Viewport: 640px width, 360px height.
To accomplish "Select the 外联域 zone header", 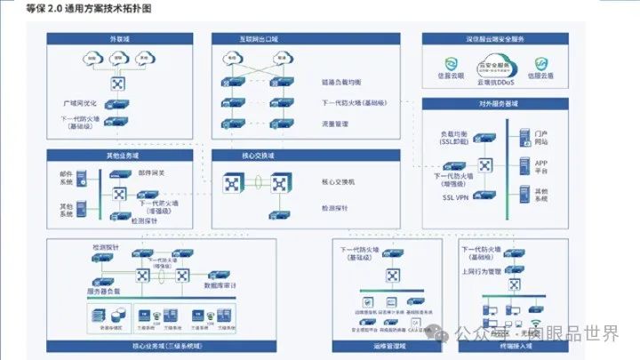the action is (x=119, y=39).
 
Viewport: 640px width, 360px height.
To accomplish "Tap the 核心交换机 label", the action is (x=338, y=182).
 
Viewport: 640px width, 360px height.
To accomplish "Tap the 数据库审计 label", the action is (x=220, y=286).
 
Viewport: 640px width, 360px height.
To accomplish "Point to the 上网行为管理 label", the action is (x=483, y=271).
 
